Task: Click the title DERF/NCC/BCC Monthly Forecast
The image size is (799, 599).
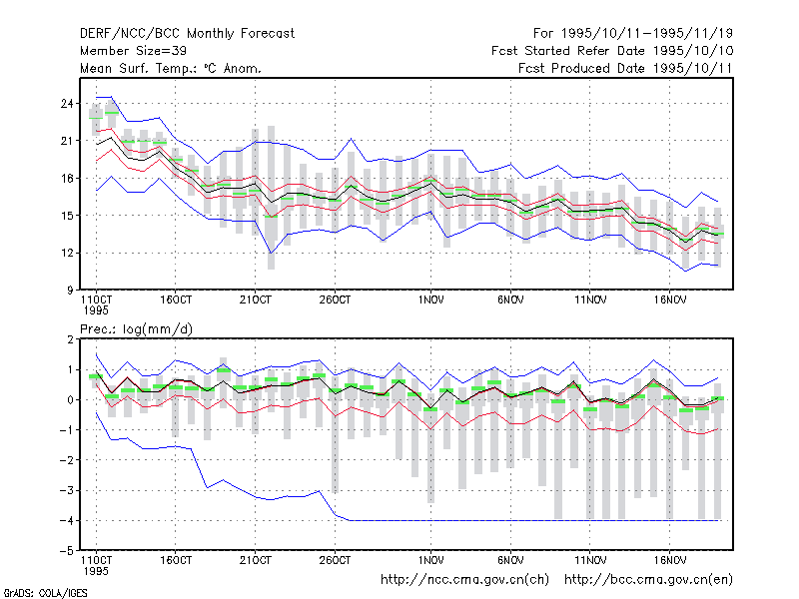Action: coord(187,34)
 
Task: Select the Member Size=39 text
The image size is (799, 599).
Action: coord(133,51)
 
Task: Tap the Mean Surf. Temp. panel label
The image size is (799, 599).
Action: coord(170,68)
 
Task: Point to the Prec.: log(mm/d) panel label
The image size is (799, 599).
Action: coord(136,329)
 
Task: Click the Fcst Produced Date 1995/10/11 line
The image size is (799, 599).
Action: coord(625,68)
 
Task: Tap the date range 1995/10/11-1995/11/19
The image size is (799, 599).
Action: coord(646,34)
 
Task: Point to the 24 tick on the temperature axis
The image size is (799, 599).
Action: coord(67,104)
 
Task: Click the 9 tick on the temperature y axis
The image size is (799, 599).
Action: coord(70,291)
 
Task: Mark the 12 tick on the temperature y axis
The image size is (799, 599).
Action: coord(67,254)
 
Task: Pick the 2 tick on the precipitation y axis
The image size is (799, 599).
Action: coord(70,339)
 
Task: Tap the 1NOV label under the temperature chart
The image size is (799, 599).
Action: coord(431,300)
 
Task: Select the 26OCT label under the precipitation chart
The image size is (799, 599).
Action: coord(335,560)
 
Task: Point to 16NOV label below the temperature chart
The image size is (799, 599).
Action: coord(670,300)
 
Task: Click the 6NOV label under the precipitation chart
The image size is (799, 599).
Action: coord(510,560)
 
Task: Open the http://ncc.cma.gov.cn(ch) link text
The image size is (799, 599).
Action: coord(464,580)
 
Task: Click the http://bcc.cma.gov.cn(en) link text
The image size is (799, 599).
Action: coord(648,580)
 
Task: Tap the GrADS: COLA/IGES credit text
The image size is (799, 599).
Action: coord(45,593)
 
